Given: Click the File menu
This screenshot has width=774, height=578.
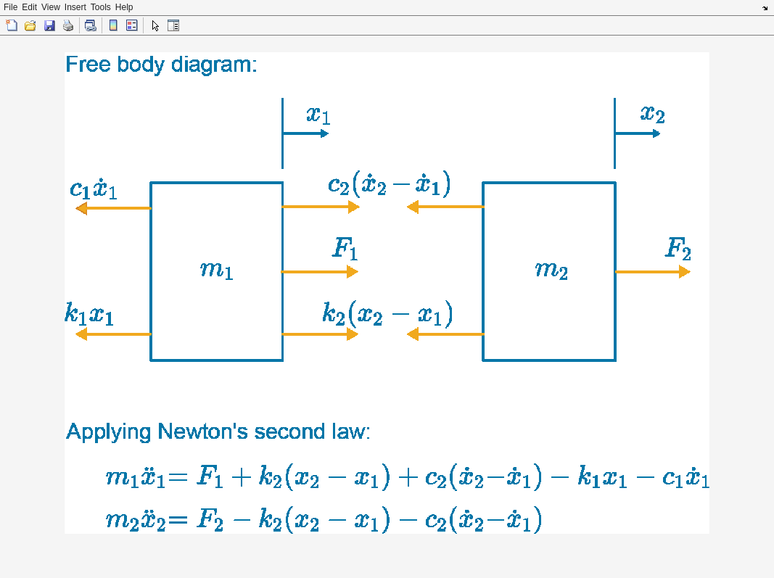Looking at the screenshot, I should [10, 7].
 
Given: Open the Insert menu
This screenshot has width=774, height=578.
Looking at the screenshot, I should [75, 7].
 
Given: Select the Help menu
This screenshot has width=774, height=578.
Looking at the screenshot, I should [124, 7].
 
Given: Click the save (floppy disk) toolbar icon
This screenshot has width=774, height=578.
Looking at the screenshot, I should [49, 25].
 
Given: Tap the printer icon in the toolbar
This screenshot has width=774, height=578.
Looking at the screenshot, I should [68, 25].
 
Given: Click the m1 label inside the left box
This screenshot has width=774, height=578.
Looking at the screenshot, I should [216, 270].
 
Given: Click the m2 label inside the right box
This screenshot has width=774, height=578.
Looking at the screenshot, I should [551, 270].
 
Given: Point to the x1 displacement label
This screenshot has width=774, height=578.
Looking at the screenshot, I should [318, 115].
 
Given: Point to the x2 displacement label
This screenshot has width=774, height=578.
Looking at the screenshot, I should [652, 114].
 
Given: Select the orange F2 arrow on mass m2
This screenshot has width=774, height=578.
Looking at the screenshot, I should [652, 272].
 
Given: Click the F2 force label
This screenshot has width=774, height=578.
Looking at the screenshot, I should [678, 249].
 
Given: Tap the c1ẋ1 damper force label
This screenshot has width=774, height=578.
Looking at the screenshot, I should [93, 189].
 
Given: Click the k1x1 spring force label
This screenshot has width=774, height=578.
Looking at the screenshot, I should [88, 314].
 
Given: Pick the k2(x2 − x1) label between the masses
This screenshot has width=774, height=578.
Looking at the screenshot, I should [387, 314].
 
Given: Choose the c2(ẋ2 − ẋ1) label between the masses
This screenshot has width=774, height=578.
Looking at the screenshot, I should [389, 184].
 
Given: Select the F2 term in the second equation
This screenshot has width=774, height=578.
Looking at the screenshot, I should [210, 520].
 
